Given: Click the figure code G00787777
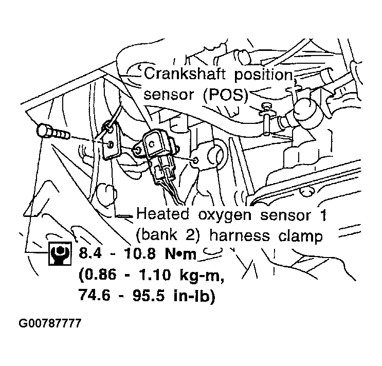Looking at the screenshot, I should click(50, 324).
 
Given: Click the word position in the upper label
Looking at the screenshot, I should click(263, 75).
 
